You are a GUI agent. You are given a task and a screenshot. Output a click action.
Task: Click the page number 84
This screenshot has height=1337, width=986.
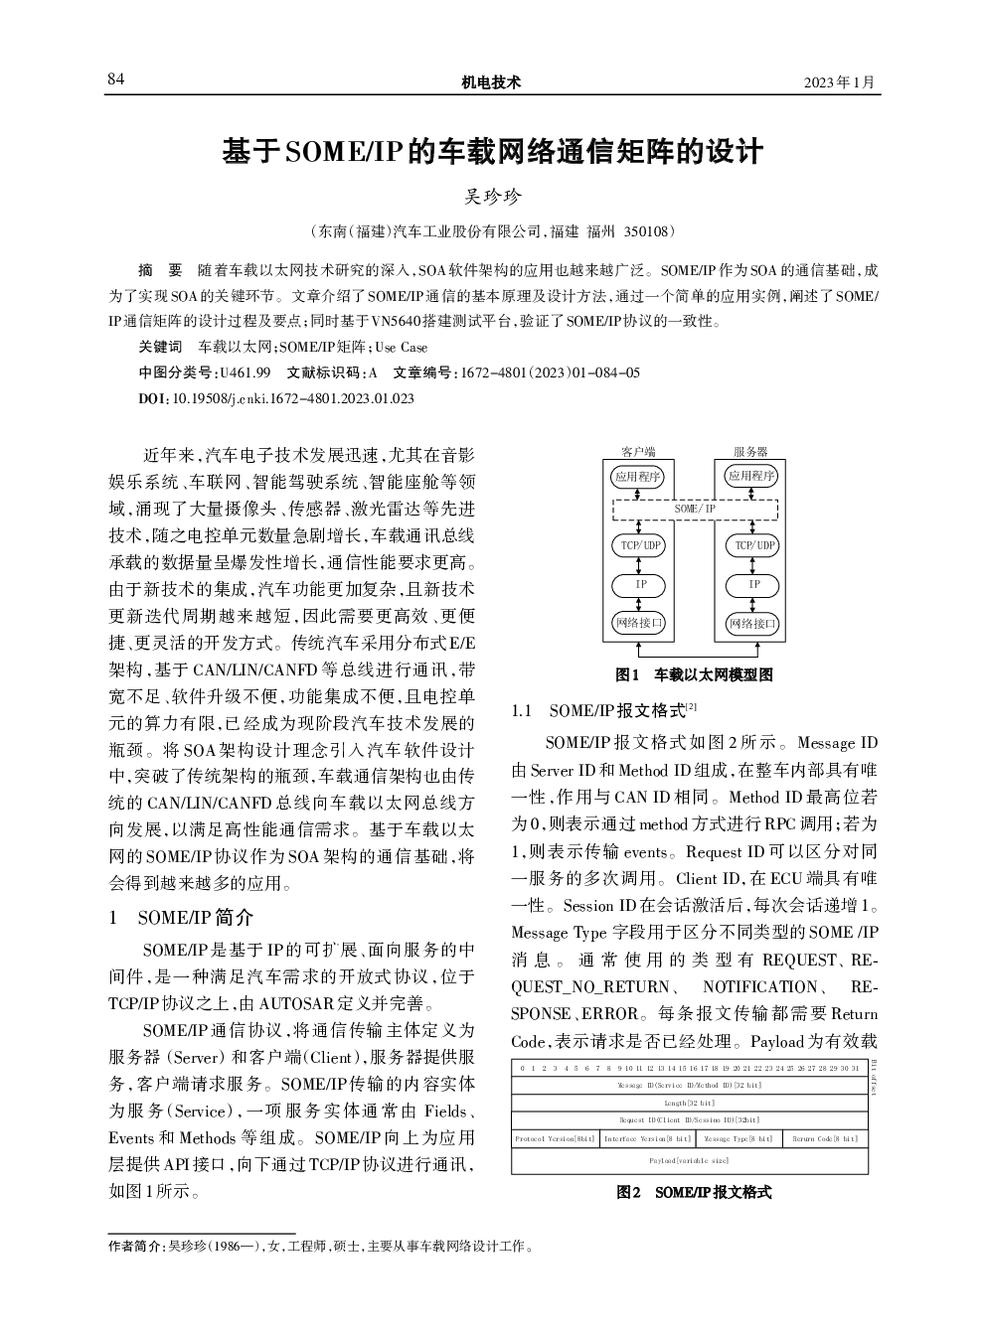coord(116,80)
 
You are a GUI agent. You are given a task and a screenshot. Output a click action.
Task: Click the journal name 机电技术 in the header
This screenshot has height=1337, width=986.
coord(491,82)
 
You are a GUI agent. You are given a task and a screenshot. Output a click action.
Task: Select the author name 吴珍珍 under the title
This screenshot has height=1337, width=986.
coord(493,197)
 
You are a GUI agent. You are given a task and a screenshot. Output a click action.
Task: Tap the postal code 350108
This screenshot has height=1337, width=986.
coord(646,231)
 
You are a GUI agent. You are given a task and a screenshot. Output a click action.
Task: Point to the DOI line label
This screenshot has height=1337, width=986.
coord(153,398)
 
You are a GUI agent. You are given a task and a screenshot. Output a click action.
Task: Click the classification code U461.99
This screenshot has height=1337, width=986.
coord(245,373)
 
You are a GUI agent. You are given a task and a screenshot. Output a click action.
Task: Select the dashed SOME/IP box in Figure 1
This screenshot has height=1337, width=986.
coord(694,509)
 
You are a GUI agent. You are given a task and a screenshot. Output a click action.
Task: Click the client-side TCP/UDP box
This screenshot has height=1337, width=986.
coord(640,545)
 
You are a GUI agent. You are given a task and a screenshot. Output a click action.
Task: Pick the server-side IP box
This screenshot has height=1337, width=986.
coord(753,585)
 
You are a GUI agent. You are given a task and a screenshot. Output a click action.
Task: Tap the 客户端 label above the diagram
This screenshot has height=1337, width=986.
coord(638,452)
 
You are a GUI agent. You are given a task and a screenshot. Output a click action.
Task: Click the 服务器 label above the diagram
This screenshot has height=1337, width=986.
coord(750,452)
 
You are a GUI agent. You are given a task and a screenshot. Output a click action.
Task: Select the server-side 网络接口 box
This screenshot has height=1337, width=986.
coord(753,624)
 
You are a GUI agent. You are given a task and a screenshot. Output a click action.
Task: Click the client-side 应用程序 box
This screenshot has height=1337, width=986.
coord(638,476)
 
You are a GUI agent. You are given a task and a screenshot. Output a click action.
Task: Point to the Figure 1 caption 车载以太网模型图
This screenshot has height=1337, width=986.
coord(712,675)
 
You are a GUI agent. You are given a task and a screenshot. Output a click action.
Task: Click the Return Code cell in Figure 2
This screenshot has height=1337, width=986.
coord(825,1138)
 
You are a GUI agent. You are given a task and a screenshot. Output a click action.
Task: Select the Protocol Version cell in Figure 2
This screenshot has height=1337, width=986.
coord(555,1138)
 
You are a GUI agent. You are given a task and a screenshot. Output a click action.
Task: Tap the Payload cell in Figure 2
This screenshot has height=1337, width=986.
coord(689,1160)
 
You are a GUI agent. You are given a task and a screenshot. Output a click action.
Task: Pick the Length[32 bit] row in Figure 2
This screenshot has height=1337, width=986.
coord(689,1103)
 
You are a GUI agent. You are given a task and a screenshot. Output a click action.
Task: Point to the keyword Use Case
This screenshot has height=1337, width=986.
coord(401,348)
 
